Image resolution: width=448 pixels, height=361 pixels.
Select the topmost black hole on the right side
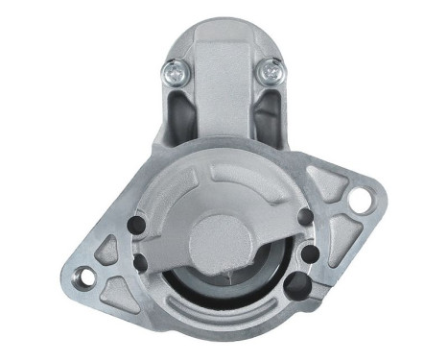click(305, 217)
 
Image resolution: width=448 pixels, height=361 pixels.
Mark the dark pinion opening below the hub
click(224, 284)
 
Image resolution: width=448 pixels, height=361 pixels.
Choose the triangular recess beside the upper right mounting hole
click(332, 188)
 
